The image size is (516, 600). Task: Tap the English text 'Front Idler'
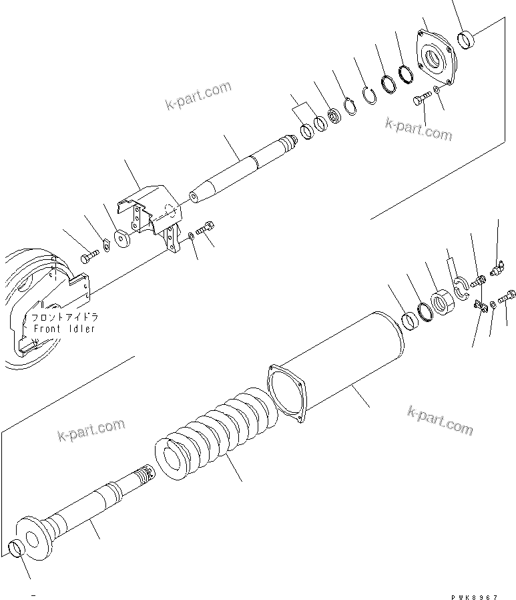64,329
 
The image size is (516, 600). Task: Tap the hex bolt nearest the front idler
89,257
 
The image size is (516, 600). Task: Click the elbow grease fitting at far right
495,270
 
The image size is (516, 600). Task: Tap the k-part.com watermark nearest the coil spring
90,430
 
